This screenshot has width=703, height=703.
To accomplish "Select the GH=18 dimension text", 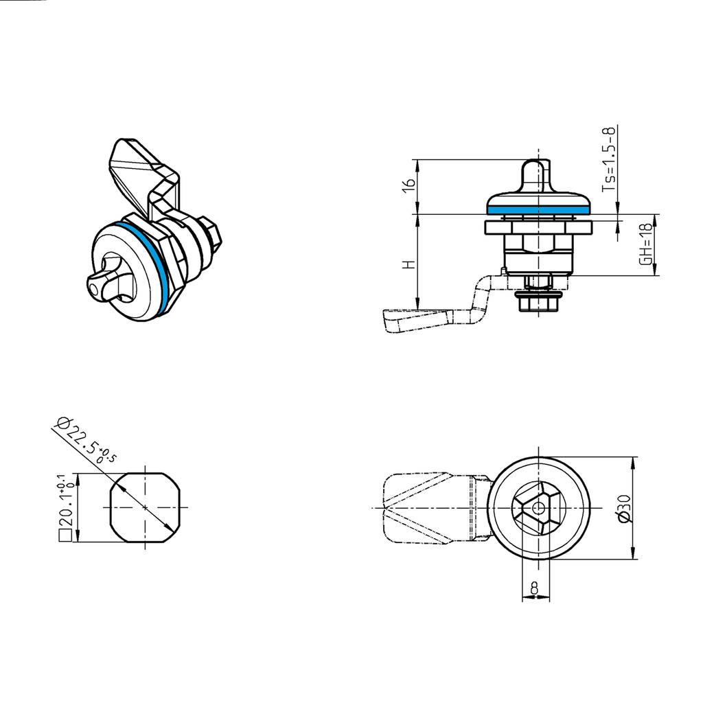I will click(x=645, y=245).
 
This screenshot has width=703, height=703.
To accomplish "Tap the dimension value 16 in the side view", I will click(x=408, y=185).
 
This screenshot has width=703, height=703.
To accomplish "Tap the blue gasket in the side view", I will click(x=538, y=207).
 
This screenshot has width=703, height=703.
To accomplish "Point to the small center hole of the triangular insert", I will click(x=538, y=509).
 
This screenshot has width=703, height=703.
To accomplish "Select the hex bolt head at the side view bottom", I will click(x=538, y=303).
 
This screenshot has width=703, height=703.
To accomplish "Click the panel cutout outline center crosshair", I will click(x=146, y=508).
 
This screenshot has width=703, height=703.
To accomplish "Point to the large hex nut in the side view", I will click(x=538, y=243).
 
